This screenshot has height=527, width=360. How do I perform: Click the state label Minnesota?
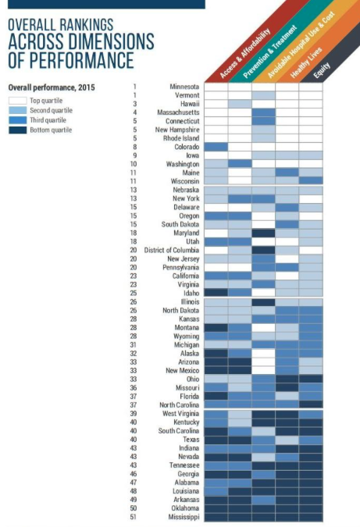(x=184, y=87)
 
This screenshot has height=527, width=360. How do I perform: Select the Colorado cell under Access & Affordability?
(x=216, y=147)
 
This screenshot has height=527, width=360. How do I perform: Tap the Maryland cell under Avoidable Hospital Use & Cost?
(x=263, y=233)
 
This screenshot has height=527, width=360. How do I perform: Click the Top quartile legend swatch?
(x=17, y=101)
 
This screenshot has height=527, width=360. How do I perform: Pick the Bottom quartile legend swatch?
(x=17, y=130)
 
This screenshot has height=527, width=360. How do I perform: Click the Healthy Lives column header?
(x=306, y=63)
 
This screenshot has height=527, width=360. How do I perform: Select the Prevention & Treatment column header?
(x=270, y=52)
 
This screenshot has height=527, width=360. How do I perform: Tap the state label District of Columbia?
(x=172, y=251)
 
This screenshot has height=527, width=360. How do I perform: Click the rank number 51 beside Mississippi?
(x=134, y=517)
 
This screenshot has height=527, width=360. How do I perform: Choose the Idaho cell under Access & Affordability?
(x=216, y=293)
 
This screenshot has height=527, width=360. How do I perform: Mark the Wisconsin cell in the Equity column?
(x=311, y=181)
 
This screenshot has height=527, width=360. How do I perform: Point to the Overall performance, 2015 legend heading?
(x=52, y=87)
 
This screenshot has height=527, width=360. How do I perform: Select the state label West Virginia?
(x=181, y=414)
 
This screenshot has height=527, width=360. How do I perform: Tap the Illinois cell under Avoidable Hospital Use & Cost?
(x=263, y=302)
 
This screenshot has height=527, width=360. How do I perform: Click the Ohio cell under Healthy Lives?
(x=287, y=379)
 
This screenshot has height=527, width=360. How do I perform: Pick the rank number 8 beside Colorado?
(x=135, y=147)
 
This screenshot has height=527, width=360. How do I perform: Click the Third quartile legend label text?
(x=48, y=120)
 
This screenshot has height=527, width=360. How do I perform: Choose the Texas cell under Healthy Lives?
(x=287, y=440)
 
